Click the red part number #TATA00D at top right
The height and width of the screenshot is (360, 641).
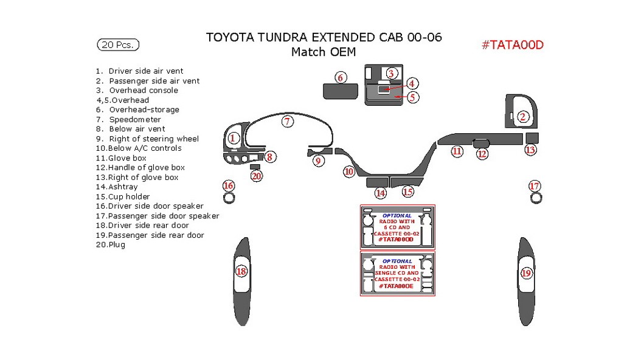[x=512, y=44]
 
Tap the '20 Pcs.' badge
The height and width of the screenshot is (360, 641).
[x=118, y=44]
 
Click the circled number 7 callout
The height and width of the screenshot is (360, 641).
[x=287, y=121]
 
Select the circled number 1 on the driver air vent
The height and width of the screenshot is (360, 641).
[x=232, y=139]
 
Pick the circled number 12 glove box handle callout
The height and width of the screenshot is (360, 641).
[x=482, y=154]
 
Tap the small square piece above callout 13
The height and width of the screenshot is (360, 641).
[x=532, y=136]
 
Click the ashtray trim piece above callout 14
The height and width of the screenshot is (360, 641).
[x=377, y=181]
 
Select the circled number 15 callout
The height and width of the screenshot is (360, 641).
[x=407, y=192]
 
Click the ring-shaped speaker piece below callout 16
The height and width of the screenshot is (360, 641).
[x=229, y=197]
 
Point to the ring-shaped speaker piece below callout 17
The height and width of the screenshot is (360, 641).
[x=535, y=197]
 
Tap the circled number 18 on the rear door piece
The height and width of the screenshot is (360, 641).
[x=241, y=271]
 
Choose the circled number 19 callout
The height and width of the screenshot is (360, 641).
[x=526, y=274]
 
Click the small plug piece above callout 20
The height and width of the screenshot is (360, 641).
[x=255, y=167]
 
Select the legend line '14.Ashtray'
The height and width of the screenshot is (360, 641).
[x=117, y=187]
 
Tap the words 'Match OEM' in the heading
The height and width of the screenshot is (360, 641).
[x=323, y=52]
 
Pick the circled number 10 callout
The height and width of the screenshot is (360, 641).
[x=348, y=171]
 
